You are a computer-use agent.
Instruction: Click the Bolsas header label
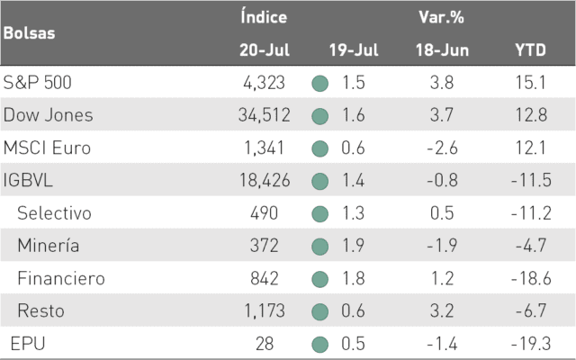point(30,33)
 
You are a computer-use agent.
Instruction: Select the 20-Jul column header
point(265,50)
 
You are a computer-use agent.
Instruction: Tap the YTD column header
point(530,50)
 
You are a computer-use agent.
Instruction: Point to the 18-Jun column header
point(442,50)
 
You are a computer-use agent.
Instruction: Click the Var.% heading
point(442,17)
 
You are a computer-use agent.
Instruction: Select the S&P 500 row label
point(37,82)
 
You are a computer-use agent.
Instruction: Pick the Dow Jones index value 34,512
point(264,115)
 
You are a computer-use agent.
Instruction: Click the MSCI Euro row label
point(47,148)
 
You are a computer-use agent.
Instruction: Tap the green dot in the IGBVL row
point(320,182)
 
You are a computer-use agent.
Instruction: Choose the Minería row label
point(48,246)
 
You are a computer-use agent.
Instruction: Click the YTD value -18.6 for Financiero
point(531,278)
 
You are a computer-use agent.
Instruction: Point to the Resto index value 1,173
point(265,310)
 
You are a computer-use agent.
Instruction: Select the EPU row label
point(28,344)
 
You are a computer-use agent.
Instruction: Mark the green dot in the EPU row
point(320,345)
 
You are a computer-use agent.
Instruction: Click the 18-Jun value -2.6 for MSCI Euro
point(442,148)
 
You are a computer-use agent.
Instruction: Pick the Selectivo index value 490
point(264,213)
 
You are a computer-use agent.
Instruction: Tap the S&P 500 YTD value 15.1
point(531,82)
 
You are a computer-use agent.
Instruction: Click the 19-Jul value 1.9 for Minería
point(353,246)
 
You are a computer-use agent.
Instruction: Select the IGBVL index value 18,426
point(265,180)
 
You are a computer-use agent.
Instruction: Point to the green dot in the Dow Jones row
point(320,116)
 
